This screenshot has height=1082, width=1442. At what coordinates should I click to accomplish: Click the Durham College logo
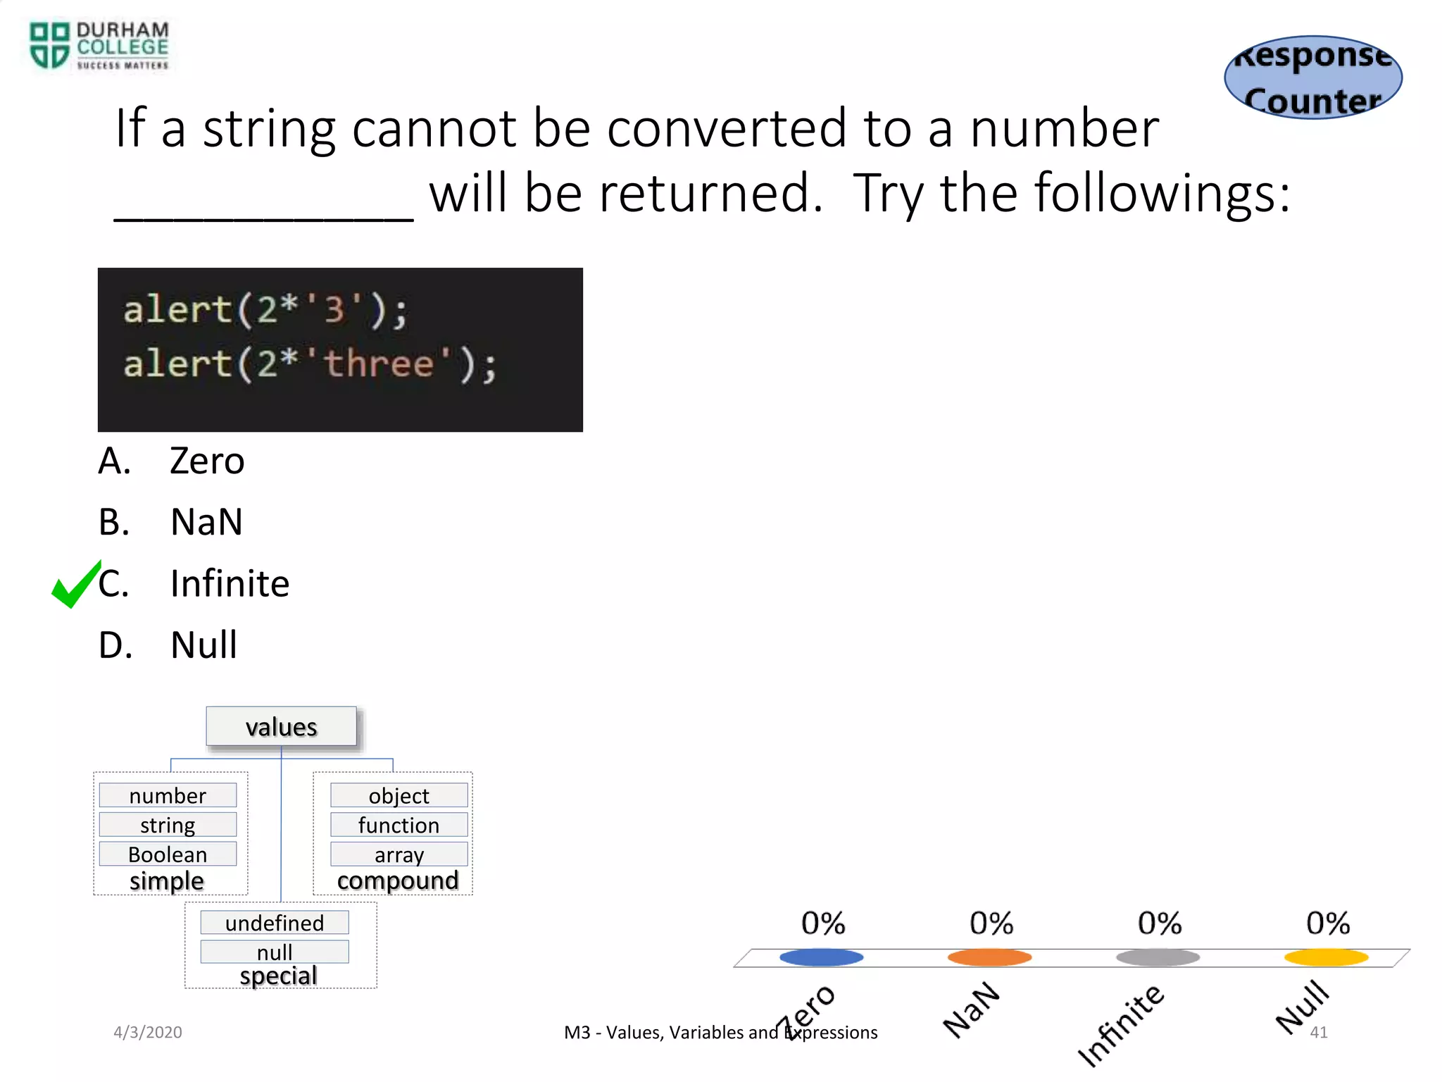point(99,46)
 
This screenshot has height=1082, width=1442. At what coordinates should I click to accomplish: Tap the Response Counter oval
point(1313,77)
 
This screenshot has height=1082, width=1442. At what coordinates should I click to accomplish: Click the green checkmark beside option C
point(76,584)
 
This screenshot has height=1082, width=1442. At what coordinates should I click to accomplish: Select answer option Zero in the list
point(206,461)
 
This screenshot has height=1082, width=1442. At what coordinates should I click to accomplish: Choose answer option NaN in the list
point(206,523)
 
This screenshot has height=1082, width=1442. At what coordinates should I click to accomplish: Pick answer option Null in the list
point(203,645)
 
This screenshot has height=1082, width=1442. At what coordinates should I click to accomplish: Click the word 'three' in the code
point(379,364)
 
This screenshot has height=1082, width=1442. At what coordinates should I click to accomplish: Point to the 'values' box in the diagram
point(281,726)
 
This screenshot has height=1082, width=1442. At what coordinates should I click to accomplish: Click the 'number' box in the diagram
point(168,795)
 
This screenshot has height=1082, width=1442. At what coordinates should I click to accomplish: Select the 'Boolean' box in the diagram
point(168,854)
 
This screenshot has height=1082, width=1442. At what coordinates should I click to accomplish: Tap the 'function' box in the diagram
point(399,824)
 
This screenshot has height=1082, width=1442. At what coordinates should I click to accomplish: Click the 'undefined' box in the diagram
point(275,922)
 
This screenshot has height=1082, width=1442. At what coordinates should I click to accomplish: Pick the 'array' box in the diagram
point(399,854)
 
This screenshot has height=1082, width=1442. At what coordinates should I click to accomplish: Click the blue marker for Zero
point(821,957)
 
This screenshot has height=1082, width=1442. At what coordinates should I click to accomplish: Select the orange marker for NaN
point(989,957)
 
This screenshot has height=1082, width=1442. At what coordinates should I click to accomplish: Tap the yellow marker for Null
point(1326,957)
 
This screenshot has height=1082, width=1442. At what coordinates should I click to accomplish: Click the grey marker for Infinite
point(1158,957)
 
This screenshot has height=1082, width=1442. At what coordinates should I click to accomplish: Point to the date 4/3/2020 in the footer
point(148,1032)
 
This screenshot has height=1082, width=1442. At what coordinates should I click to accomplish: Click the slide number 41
point(1319,1033)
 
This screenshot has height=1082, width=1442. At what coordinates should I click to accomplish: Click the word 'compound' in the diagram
point(398,881)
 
